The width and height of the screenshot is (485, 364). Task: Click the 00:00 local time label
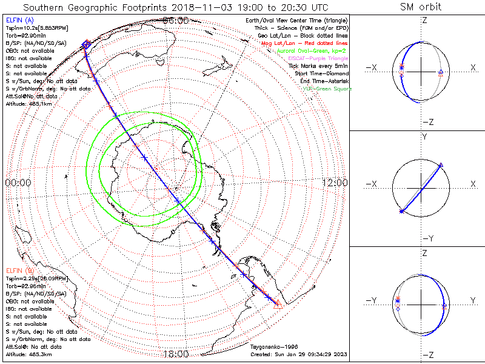point(18,183)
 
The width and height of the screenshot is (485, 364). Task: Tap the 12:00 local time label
point(334,183)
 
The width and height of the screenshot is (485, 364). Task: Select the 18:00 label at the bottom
point(176,354)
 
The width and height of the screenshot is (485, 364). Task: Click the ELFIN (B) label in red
point(20,270)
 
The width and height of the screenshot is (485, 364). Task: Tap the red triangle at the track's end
point(278,303)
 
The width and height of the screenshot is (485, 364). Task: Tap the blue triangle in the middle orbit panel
point(440,165)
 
